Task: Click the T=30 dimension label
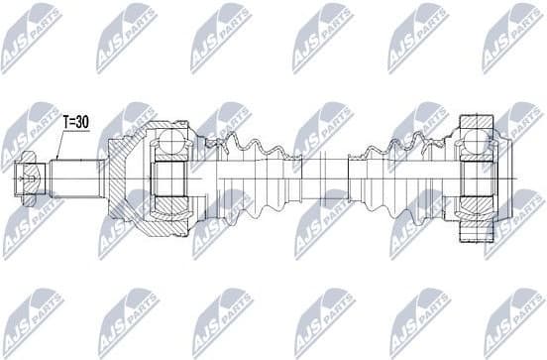coord(75,122)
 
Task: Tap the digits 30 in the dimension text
coord(82,122)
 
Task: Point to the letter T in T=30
coord(66,122)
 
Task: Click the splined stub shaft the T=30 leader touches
coord(79,180)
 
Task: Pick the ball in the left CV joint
coord(169,146)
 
